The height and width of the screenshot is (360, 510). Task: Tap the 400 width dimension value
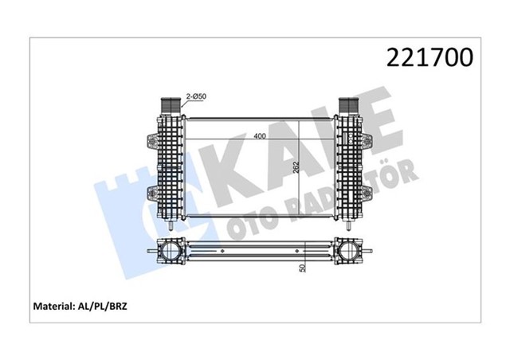click(x=261, y=135)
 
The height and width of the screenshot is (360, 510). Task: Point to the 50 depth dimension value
click(x=301, y=268)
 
